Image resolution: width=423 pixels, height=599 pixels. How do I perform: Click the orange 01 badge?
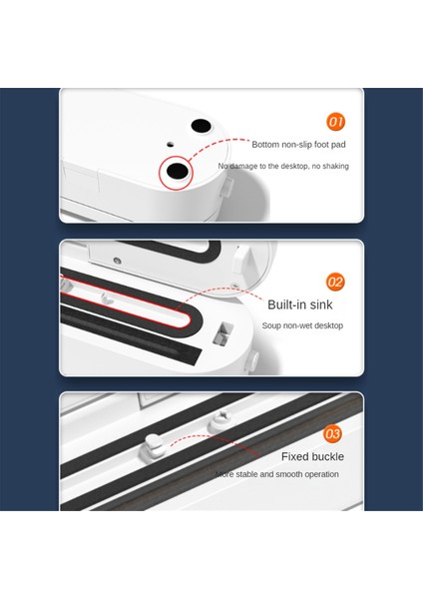click(x=335, y=122)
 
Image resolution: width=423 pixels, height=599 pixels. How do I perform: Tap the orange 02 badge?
click(x=335, y=282)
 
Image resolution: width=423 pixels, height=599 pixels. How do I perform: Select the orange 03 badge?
click(x=332, y=433)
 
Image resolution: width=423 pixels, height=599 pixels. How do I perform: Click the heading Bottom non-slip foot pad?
click(x=298, y=145)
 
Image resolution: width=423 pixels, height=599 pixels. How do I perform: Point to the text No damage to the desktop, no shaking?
click(x=283, y=166)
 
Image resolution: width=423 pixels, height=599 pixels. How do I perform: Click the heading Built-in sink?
click(x=299, y=304)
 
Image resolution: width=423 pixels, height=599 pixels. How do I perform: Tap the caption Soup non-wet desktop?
click(x=302, y=325)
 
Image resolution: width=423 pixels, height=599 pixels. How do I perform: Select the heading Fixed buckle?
click(x=312, y=456)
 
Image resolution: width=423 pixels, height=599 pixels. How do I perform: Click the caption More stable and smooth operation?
click(x=276, y=474)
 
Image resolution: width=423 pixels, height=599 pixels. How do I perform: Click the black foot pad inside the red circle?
click(x=177, y=171)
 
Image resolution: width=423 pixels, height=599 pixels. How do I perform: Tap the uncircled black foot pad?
click(x=201, y=126)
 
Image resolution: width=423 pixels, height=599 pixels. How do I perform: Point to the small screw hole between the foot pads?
click(x=171, y=145)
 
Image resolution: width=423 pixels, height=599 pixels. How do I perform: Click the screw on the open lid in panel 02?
click(x=117, y=261)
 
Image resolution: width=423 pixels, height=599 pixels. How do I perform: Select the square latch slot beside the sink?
click(x=224, y=331)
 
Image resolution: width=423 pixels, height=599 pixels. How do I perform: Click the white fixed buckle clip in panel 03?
click(x=154, y=444)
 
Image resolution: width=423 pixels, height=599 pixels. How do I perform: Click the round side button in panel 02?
click(x=253, y=360)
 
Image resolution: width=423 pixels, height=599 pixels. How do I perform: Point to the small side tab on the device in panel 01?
click(x=226, y=186)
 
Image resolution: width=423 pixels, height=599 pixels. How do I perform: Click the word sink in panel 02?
click(x=321, y=304)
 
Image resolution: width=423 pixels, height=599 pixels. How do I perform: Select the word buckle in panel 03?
click(x=326, y=456)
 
